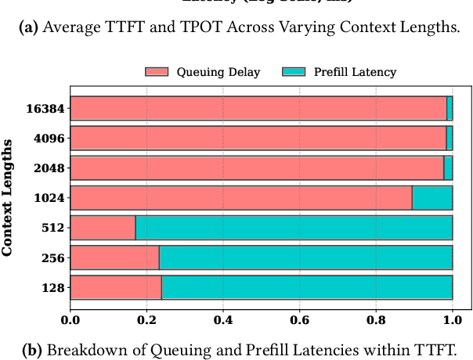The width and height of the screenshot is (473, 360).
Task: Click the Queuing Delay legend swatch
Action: tap(157, 72)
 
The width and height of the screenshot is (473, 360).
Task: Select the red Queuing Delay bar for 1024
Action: tap(241, 198)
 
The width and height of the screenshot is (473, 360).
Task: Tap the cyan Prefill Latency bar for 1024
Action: tap(432, 198)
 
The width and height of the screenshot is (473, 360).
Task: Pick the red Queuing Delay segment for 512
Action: tap(103, 228)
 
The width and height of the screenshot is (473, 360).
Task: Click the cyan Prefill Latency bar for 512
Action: tap(294, 228)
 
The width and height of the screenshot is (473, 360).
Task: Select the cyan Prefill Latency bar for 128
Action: tap(307, 287)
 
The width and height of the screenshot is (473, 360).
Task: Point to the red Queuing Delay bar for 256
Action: tap(115, 257)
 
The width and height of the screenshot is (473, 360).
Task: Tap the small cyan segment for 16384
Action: tap(450, 109)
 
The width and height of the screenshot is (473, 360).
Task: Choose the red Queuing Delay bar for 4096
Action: tap(258, 139)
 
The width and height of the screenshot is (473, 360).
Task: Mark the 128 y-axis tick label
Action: tap(54, 288)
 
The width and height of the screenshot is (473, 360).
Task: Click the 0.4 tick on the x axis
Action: tap(223, 319)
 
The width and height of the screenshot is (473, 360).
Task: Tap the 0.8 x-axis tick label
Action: tap(376, 319)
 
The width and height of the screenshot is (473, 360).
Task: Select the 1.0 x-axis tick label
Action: tap(452, 319)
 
